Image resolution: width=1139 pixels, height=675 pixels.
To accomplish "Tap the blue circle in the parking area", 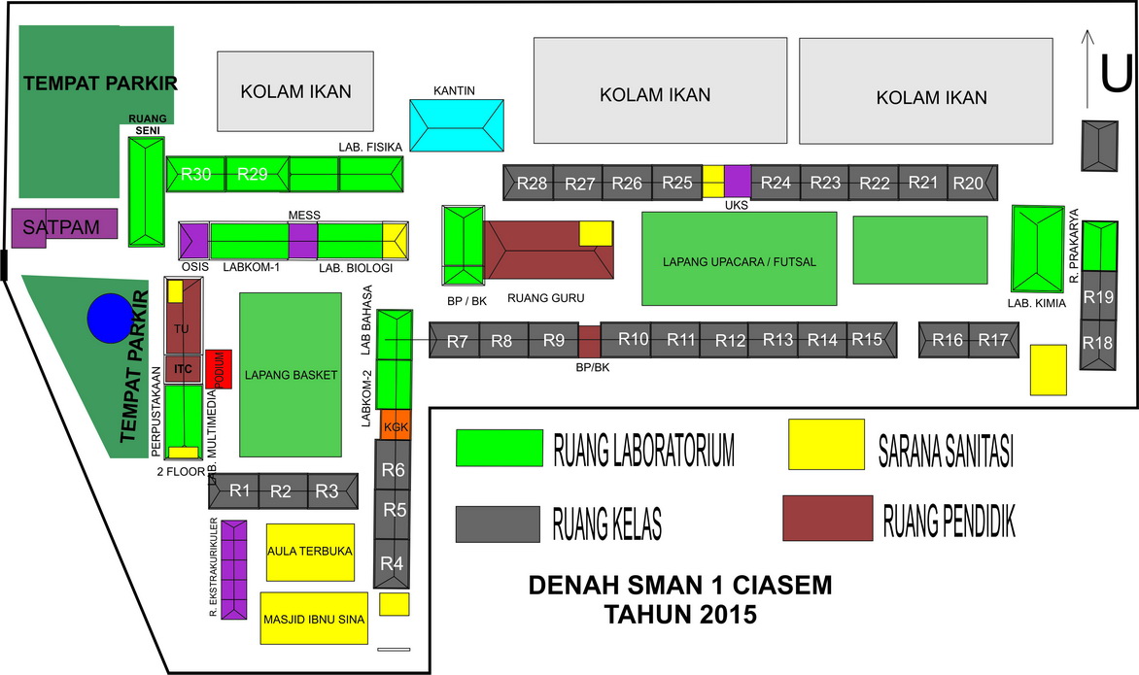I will click(x=107, y=318).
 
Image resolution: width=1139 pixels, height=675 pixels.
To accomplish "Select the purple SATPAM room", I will click(x=64, y=225).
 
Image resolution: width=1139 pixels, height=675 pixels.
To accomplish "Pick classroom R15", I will click(x=867, y=340).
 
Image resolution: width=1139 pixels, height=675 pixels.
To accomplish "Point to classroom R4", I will click(x=392, y=562).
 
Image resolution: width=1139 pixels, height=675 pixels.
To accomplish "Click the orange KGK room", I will click(x=396, y=425).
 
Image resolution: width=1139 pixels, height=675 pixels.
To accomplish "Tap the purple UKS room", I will click(x=738, y=182).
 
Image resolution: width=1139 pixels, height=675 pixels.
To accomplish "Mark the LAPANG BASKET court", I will click(x=291, y=375).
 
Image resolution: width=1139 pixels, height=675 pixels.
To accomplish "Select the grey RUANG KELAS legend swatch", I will click(x=498, y=524).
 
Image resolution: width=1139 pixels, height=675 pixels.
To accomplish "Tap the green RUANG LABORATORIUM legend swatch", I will click(x=499, y=448).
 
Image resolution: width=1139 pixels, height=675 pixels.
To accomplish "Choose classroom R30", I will click(x=196, y=175).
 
